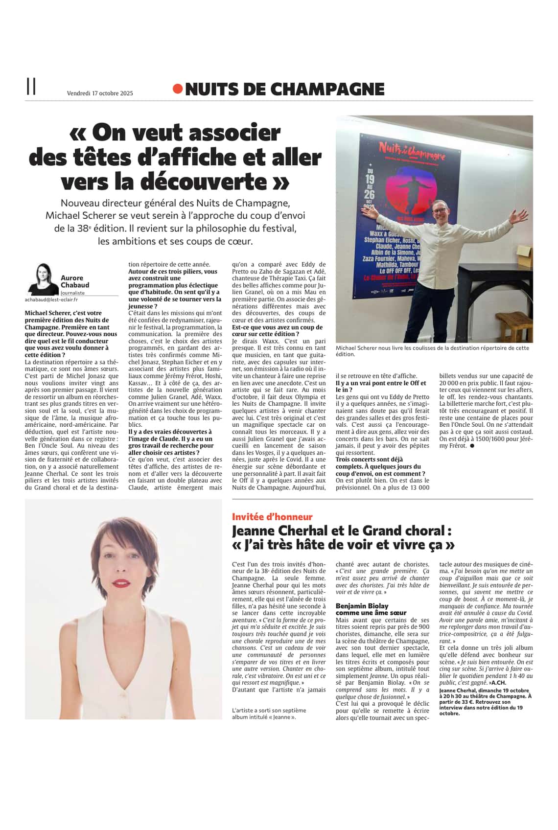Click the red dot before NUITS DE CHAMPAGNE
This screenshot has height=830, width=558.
tap(178, 89)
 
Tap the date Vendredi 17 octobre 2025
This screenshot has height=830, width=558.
tap(100, 93)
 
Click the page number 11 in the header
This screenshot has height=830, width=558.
tap(31, 87)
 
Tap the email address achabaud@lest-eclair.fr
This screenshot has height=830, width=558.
tap(51, 299)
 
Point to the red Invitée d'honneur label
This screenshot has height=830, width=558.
tap(272, 516)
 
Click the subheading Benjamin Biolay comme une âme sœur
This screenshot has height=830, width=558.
tap(371, 609)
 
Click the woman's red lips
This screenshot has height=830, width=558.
tap(120, 583)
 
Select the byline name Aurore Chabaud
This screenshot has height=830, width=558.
tap(74, 281)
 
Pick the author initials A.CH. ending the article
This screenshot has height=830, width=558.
tap(498, 682)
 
